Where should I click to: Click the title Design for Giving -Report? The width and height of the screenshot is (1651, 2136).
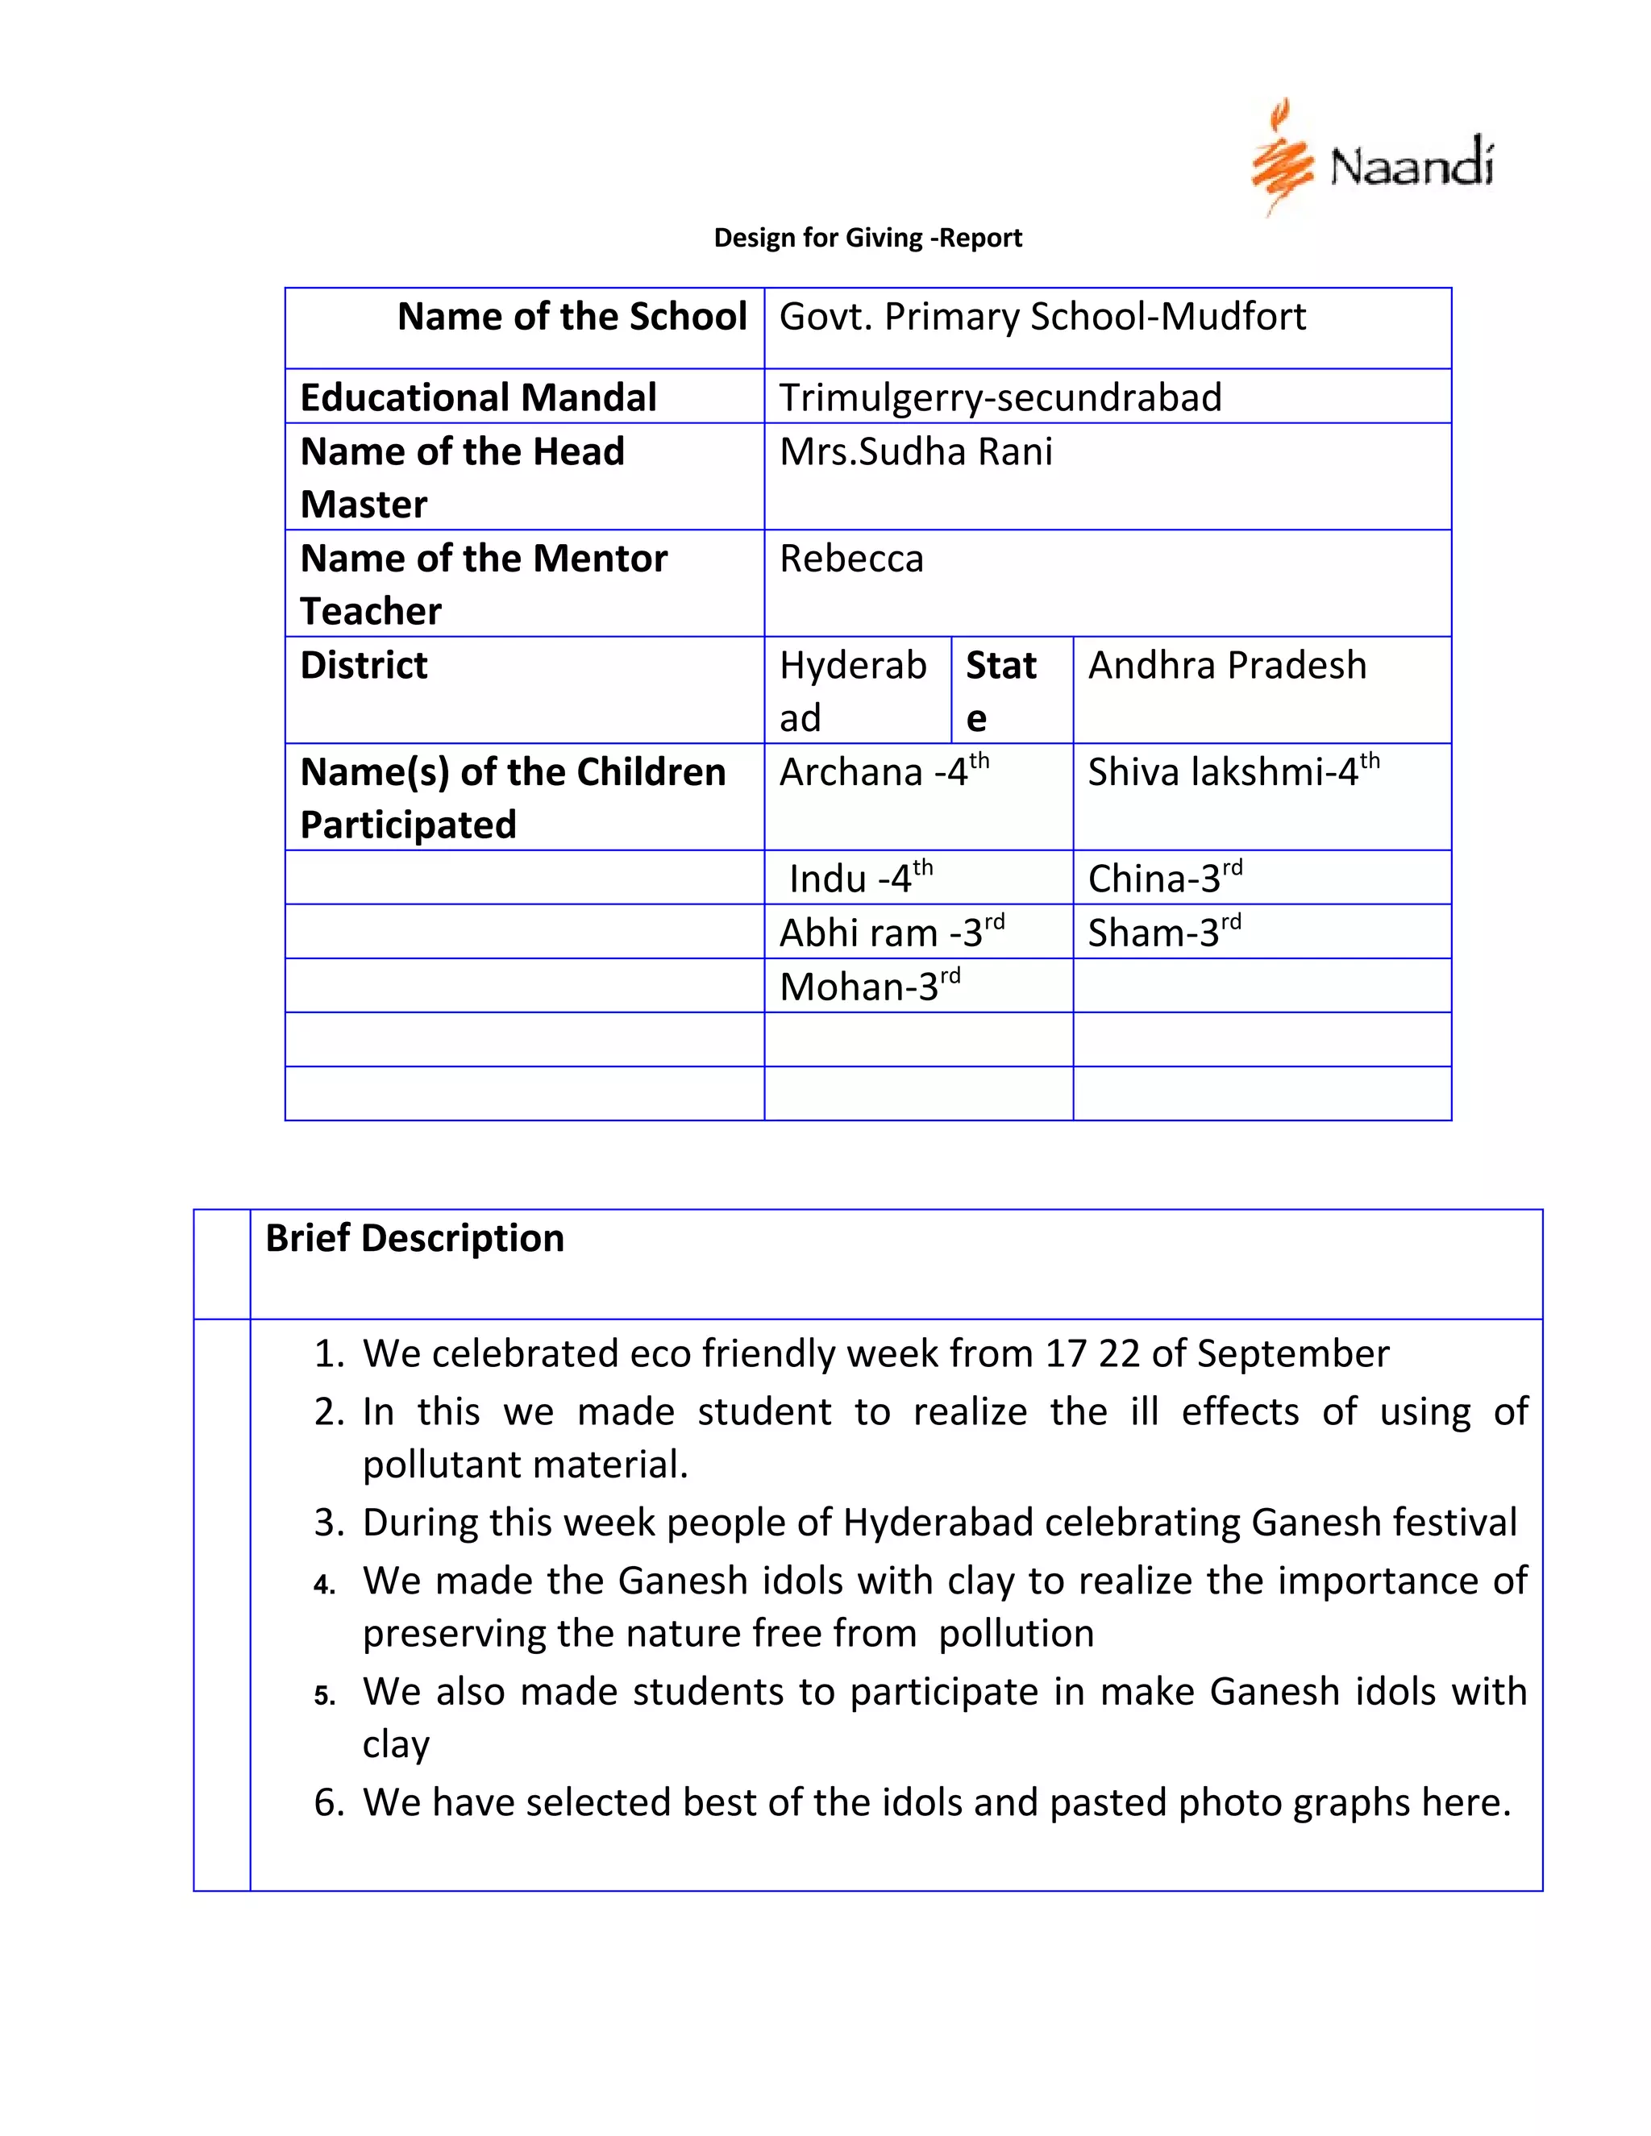(x=867, y=238)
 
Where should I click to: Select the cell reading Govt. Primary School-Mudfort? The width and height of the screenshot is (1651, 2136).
(x=1042, y=317)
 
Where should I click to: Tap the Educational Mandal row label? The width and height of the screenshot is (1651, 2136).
(x=477, y=397)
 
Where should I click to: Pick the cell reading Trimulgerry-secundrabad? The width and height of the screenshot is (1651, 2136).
(x=1000, y=397)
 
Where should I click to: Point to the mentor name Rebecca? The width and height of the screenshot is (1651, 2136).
(x=851, y=559)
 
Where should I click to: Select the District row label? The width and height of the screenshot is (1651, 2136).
(x=364, y=665)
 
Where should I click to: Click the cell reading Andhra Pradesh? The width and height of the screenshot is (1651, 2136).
(x=1226, y=665)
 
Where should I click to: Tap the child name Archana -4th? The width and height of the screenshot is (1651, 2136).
(x=884, y=771)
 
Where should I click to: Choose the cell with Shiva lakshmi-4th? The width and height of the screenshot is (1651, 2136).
(x=1233, y=771)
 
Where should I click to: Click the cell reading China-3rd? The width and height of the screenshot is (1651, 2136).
(x=1164, y=879)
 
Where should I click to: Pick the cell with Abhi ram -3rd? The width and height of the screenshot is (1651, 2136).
(x=891, y=932)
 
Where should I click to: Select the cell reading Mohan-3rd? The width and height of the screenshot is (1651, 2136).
(x=868, y=986)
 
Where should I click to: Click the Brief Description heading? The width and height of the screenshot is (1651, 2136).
(x=414, y=1238)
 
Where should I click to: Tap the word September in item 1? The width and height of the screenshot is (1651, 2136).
(x=1292, y=1353)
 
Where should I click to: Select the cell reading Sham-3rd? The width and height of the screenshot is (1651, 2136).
(x=1164, y=932)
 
